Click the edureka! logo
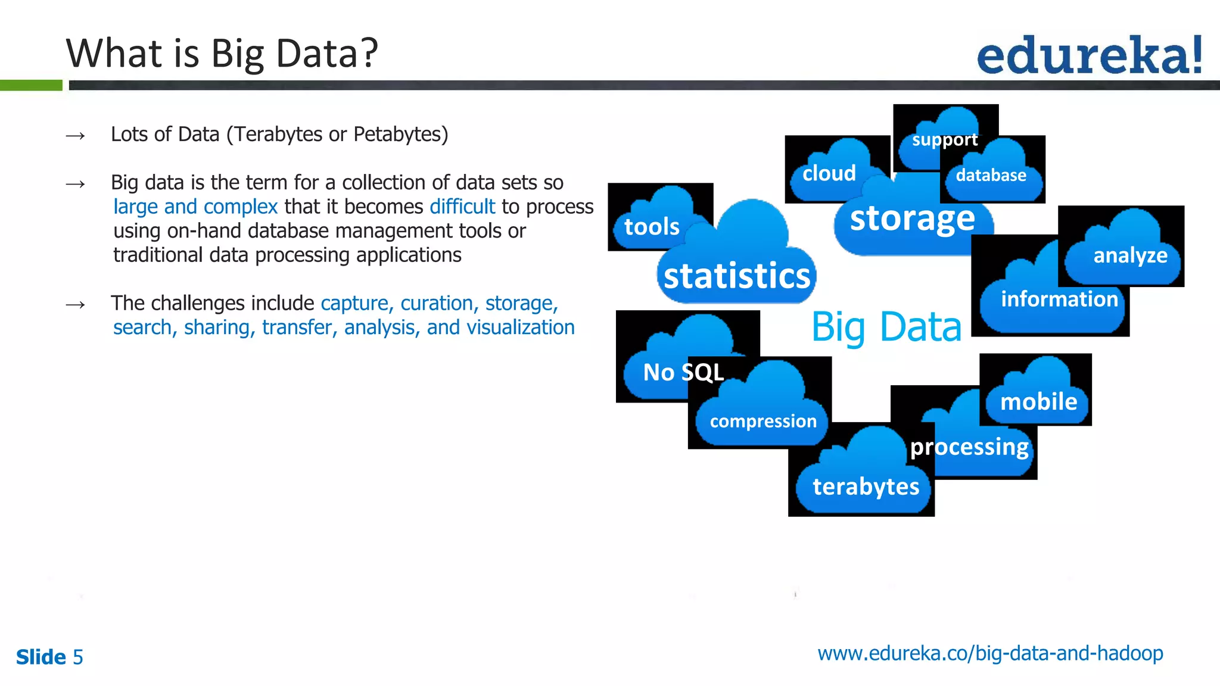[1089, 55]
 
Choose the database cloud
[991, 176]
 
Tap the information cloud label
[1059, 299]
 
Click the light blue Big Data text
[886, 327]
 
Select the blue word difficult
[462, 207]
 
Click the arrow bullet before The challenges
[76, 305]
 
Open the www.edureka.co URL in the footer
[990, 654]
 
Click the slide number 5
[77, 657]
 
